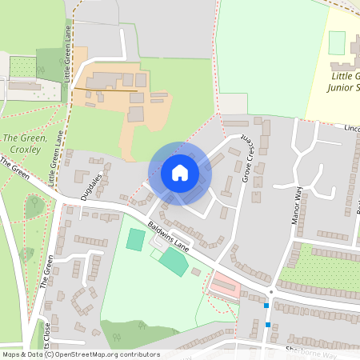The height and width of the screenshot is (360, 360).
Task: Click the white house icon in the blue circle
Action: (179, 172)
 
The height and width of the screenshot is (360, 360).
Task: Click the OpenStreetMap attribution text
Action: (81, 354)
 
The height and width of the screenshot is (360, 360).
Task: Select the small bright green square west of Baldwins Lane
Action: (136, 238)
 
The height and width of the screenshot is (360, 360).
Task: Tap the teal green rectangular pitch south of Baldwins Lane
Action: (173, 261)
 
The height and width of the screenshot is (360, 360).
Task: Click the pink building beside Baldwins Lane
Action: (224, 283)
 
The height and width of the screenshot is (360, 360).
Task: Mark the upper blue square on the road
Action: (266, 305)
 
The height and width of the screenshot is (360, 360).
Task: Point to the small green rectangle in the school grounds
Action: (337, 42)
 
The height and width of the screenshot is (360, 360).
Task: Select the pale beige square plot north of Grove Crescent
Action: (233, 103)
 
